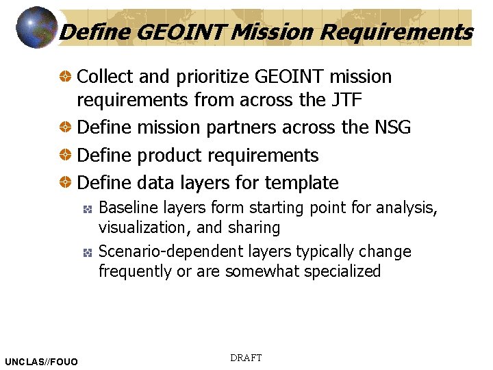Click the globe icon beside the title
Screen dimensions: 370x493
36,28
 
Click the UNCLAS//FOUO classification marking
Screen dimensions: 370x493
41,361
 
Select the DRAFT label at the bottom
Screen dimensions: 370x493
246,358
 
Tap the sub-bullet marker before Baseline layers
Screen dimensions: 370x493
88,208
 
